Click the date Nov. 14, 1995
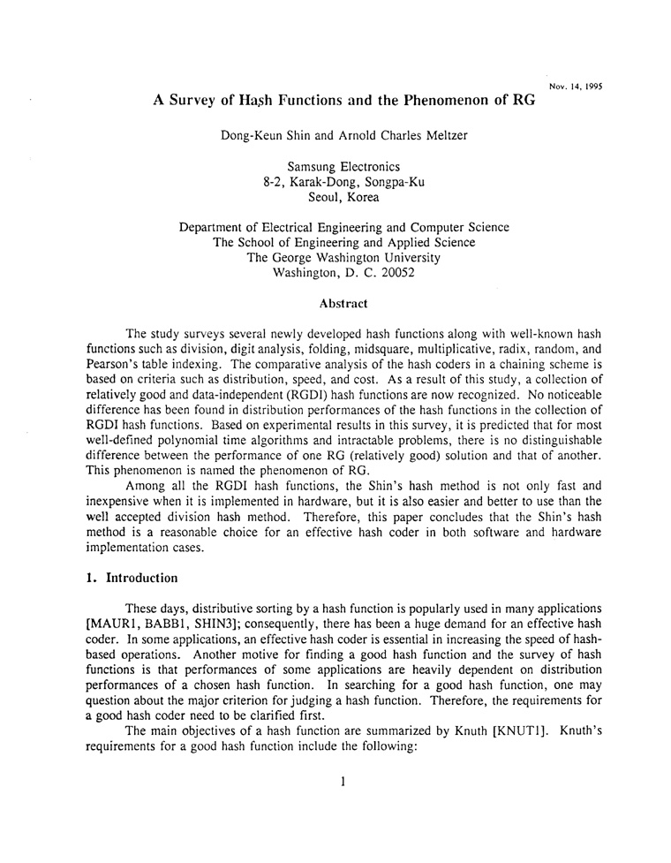[576, 87]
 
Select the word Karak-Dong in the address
[332, 182]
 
